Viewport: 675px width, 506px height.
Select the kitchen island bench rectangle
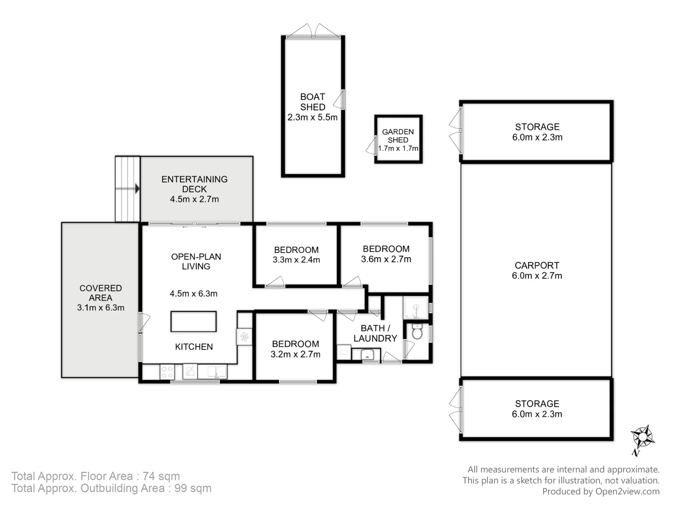point(194,321)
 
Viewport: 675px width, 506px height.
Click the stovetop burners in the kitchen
point(167,372)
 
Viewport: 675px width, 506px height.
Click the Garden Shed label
point(398,136)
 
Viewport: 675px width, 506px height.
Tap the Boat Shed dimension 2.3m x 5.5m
point(313,117)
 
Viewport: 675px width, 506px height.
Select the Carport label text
point(537,265)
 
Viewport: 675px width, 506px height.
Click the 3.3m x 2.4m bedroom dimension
point(296,260)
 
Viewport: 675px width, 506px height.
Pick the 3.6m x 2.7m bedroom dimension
point(386,259)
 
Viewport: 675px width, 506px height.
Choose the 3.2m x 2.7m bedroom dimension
point(295,354)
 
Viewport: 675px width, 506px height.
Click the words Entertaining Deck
point(195,184)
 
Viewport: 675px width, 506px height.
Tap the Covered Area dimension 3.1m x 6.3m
point(101,307)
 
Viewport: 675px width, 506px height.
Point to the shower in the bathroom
point(415,307)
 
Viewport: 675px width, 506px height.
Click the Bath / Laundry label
point(375,333)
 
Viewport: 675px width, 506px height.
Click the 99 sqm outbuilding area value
point(193,488)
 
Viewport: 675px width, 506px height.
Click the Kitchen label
point(194,347)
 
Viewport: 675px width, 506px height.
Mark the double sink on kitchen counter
point(212,372)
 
